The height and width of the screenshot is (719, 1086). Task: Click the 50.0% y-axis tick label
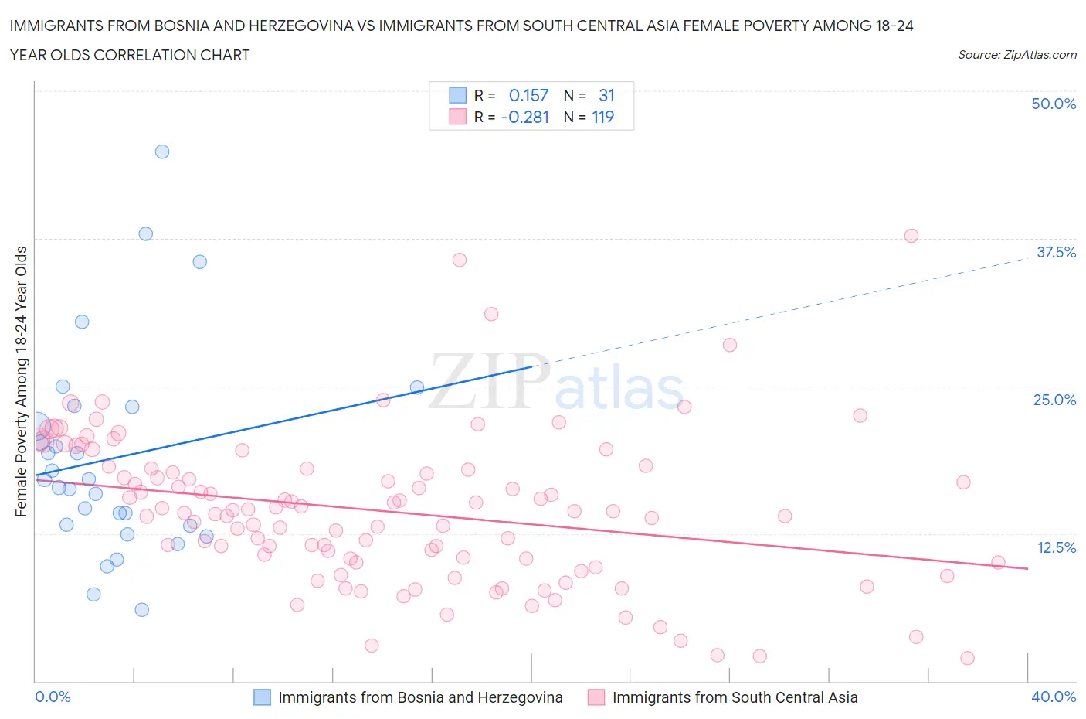coord(1054,104)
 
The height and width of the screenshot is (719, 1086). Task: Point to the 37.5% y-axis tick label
coord(1056,252)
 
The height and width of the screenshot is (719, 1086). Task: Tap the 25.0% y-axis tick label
coord(1054,400)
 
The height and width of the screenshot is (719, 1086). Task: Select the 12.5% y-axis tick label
coord(1056,547)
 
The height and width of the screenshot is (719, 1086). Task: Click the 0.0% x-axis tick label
coord(53,697)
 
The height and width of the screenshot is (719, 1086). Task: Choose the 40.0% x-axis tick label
coord(1054,697)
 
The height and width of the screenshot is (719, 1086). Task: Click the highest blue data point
coord(162,152)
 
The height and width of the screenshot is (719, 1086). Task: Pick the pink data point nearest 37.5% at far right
coord(911,236)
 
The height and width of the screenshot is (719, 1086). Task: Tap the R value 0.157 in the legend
coord(528,95)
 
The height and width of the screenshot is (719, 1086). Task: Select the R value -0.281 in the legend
coord(525,117)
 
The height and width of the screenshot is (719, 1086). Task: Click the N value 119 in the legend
coord(602,117)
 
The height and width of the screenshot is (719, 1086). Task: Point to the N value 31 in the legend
coord(606,95)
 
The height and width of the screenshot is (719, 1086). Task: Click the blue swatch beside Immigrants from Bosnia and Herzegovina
coord(263,697)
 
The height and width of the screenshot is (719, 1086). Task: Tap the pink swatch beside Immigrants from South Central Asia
coord(596,697)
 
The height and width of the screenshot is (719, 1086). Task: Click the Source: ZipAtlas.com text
coord(1016,54)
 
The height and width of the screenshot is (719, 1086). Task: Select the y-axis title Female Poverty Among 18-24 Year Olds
coord(21,381)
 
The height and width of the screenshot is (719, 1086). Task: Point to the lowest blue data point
coord(142,610)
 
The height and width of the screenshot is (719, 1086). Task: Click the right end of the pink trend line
coord(1027,568)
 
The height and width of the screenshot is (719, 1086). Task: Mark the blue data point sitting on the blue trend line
coord(417,387)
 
